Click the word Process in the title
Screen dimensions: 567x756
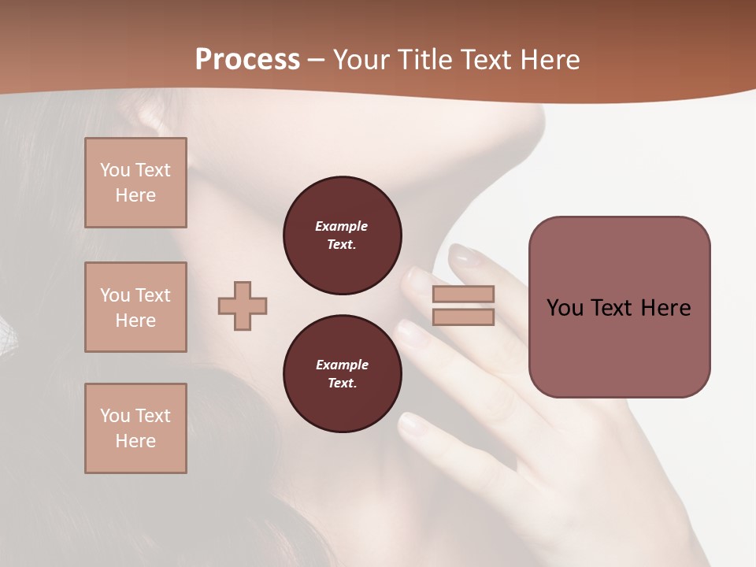(x=247, y=60)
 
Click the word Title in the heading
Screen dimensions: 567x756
(x=422, y=60)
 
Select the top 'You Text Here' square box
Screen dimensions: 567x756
(x=135, y=183)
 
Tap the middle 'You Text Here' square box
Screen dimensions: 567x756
(x=135, y=307)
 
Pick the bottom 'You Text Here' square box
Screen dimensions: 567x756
(x=135, y=428)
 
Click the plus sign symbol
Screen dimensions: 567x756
(x=243, y=306)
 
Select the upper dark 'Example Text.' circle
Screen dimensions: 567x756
(x=342, y=235)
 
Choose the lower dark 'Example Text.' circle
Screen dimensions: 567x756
(x=342, y=374)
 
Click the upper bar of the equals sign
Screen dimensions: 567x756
(x=463, y=295)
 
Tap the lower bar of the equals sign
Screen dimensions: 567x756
(x=463, y=317)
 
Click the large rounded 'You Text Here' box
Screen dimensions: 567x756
(x=619, y=307)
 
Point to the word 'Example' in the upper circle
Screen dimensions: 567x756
(x=342, y=226)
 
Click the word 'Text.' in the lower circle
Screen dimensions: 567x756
(x=342, y=384)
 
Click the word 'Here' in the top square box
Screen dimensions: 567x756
(x=135, y=195)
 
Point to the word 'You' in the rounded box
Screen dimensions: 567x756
(x=566, y=308)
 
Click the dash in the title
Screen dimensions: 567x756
(x=317, y=60)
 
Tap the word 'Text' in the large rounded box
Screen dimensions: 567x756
(x=613, y=308)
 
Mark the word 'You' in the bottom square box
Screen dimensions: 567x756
(x=116, y=416)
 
